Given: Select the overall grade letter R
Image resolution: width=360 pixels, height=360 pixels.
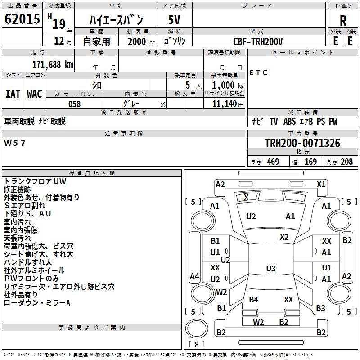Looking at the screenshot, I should click(343, 20).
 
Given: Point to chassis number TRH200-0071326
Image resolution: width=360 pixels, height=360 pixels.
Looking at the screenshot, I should click(302, 143).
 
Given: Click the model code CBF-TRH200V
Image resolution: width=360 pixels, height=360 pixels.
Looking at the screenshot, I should click(258, 41).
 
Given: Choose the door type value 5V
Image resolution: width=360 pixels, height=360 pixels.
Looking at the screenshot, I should click(175, 20).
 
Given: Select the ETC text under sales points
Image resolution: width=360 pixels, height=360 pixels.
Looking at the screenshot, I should click(258, 73).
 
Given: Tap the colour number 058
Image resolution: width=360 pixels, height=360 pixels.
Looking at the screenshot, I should click(74, 104).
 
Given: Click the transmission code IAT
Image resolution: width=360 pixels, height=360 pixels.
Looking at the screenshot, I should click(13, 94).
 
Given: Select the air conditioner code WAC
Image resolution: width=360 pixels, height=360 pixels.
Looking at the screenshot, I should click(34, 94).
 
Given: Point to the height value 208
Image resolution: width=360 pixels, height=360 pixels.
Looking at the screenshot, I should click(346, 162).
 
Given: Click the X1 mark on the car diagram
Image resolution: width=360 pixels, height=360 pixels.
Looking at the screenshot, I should click(321, 184).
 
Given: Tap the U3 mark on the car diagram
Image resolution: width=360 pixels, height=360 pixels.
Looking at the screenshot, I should click(270, 269).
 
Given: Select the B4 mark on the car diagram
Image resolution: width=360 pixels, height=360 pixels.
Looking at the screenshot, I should click(254, 299).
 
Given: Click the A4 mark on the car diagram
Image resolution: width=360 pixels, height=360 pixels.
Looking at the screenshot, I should click(194, 276).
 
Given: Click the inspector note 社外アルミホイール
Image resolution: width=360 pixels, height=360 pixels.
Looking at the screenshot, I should click(34, 270).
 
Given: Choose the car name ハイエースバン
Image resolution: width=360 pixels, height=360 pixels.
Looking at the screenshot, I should click(116, 20).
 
